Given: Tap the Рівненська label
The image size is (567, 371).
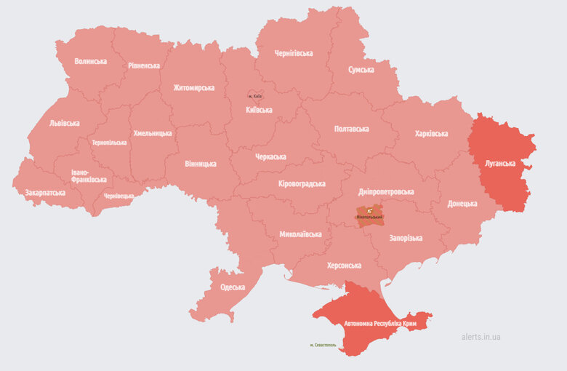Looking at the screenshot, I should (x=144, y=65).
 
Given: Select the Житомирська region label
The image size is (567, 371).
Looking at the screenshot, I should (x=194, y=88).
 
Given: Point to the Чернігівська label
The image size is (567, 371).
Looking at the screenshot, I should (x=294, y=53).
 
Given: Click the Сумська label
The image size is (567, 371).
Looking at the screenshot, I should (x=361, y=70).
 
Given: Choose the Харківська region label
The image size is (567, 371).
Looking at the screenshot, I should (x=431, y=133).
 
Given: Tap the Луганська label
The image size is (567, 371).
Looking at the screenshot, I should (x=501, y=164).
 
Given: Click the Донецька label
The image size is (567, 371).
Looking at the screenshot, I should (x=462, y=204).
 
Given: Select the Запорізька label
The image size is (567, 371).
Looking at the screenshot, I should (x=406, y=238).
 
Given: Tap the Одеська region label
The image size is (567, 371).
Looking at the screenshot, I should (x=233, y=287).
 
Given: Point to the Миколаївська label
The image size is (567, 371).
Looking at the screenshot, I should (x=300, y=234).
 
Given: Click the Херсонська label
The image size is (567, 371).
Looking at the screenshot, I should (x=344, y=266).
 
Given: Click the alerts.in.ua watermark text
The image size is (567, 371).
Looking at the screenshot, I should (x=480, y=337).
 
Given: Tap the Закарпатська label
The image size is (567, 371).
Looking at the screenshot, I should (x=45, y=193).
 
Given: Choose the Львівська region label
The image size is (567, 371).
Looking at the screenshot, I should (x=65, y=123).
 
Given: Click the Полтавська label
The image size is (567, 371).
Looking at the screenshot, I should (x=351, y=129).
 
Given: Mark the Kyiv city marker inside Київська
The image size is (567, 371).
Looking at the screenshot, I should (x=255, y=96).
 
